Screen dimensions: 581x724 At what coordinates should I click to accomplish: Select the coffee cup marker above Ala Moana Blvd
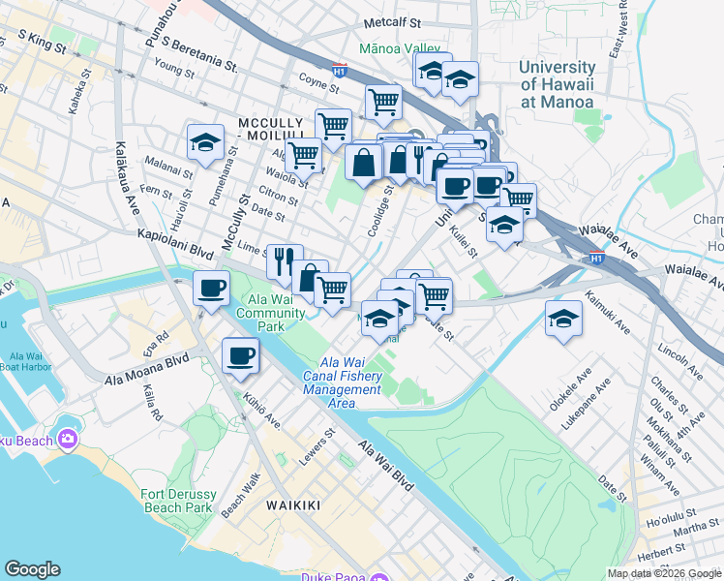[x=240, y=355]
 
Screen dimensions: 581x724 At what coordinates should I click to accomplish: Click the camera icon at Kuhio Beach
[x=68, y=440]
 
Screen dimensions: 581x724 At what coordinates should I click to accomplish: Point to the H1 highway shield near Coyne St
[x=340, y=70]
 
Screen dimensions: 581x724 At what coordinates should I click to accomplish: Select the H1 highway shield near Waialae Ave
[x=597, y=257]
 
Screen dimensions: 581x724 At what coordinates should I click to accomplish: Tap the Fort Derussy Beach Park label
[x=176, y=500]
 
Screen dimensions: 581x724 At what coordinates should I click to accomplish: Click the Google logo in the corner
[x=33, y=569]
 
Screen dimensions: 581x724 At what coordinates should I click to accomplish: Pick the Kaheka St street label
[x=78, y=93]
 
